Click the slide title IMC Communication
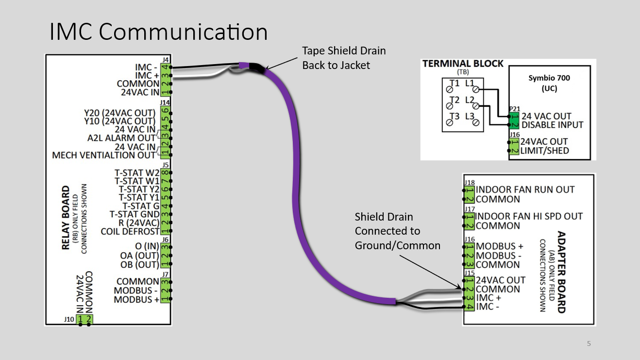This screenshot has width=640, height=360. point(159,32)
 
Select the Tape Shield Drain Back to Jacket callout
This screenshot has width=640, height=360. point(344,58)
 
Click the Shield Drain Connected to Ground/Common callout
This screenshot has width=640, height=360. point(397,231)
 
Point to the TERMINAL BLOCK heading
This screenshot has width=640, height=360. point(463,64)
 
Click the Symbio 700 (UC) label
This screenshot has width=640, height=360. point(549,83)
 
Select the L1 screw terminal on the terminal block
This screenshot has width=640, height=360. point(476,89)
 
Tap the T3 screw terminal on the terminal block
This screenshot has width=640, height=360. point(450,122)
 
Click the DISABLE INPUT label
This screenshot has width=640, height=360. point(552,125)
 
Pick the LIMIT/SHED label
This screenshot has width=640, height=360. point(544,151)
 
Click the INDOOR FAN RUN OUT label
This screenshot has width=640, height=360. point(525,189)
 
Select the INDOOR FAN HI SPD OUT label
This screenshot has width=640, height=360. point(529,217)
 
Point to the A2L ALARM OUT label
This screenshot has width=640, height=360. point(121,138)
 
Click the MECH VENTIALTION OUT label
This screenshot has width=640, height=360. point(104,155)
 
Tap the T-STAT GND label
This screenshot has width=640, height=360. point(135,214)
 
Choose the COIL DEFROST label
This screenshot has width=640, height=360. point(130,231)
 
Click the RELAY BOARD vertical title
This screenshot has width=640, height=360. point(66,218)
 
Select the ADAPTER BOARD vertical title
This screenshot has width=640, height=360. point(561,272)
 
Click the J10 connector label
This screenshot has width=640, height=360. point(69,319)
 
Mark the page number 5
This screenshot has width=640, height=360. point(589,343)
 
